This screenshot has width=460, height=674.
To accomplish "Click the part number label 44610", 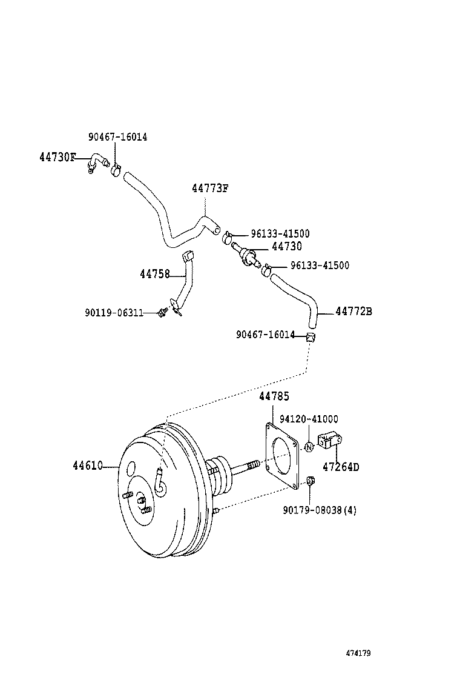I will pyautogui.click(x=87, y=466).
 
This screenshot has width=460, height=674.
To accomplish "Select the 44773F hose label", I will pyautogui.click(x=210, y=188).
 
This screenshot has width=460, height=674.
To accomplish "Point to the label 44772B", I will pyautogui.click(x=353, y=312).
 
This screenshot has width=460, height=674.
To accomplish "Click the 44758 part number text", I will pyautogui.click(x=154, y=275).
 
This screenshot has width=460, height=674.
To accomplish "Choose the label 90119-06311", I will pyautogui.click(x=114, y=313).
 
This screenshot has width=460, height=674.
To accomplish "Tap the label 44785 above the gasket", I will pyautogui.click(x=274, y=396).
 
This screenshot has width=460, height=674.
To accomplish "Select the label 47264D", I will pyautogui.click(x=340, y=467).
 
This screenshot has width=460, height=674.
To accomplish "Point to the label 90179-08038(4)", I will pyautogui.click(x=320, y=510).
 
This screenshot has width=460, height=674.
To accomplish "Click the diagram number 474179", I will pyautogui.click(x=358, y=653).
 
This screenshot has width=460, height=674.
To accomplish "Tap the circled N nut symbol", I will pyautogui.click(x=309, y=447).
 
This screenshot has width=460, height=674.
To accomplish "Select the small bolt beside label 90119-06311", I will pyautogui.click(x=162, y=312).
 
